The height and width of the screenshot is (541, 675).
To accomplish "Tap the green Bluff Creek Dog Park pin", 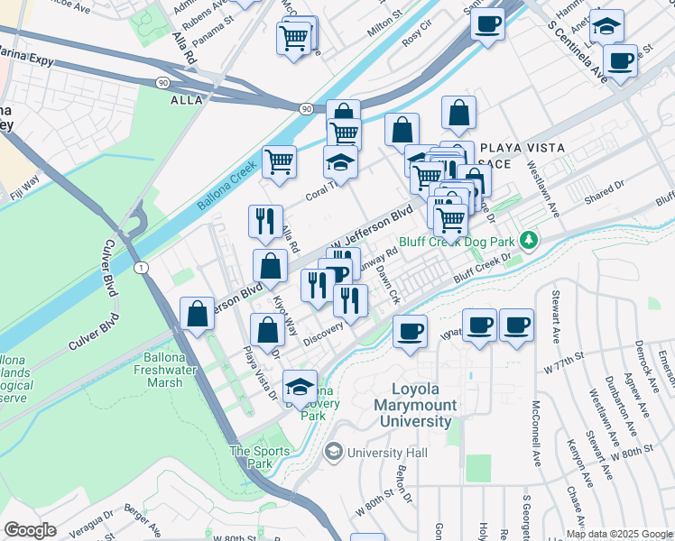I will point(532,241).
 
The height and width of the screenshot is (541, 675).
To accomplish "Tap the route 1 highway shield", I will point(141,268).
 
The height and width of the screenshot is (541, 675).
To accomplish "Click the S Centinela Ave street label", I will point(575,50).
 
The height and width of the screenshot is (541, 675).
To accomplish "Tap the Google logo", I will point(31,530).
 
